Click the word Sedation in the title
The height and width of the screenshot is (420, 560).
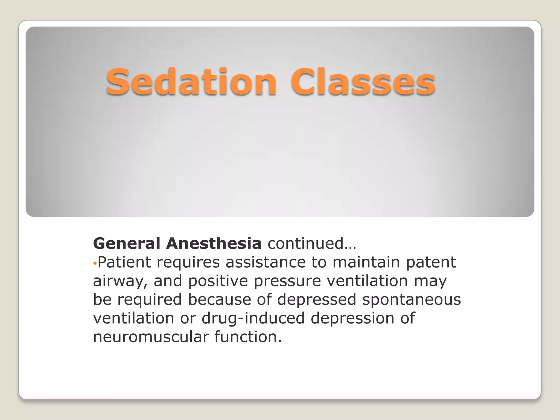pyautogui.click(x=191, y=82)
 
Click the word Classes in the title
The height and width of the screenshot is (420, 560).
pyautogui.click(x=363, y=82)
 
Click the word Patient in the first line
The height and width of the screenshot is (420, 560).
pyautogui.click(x=124, y=262)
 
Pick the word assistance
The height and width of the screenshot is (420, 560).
pyautogui.click(x=265, y=262)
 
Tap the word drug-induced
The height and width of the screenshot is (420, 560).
pyautogui.click(x=253, y=318)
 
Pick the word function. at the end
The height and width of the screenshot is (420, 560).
pyautogui.click(x=248, y=337)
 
